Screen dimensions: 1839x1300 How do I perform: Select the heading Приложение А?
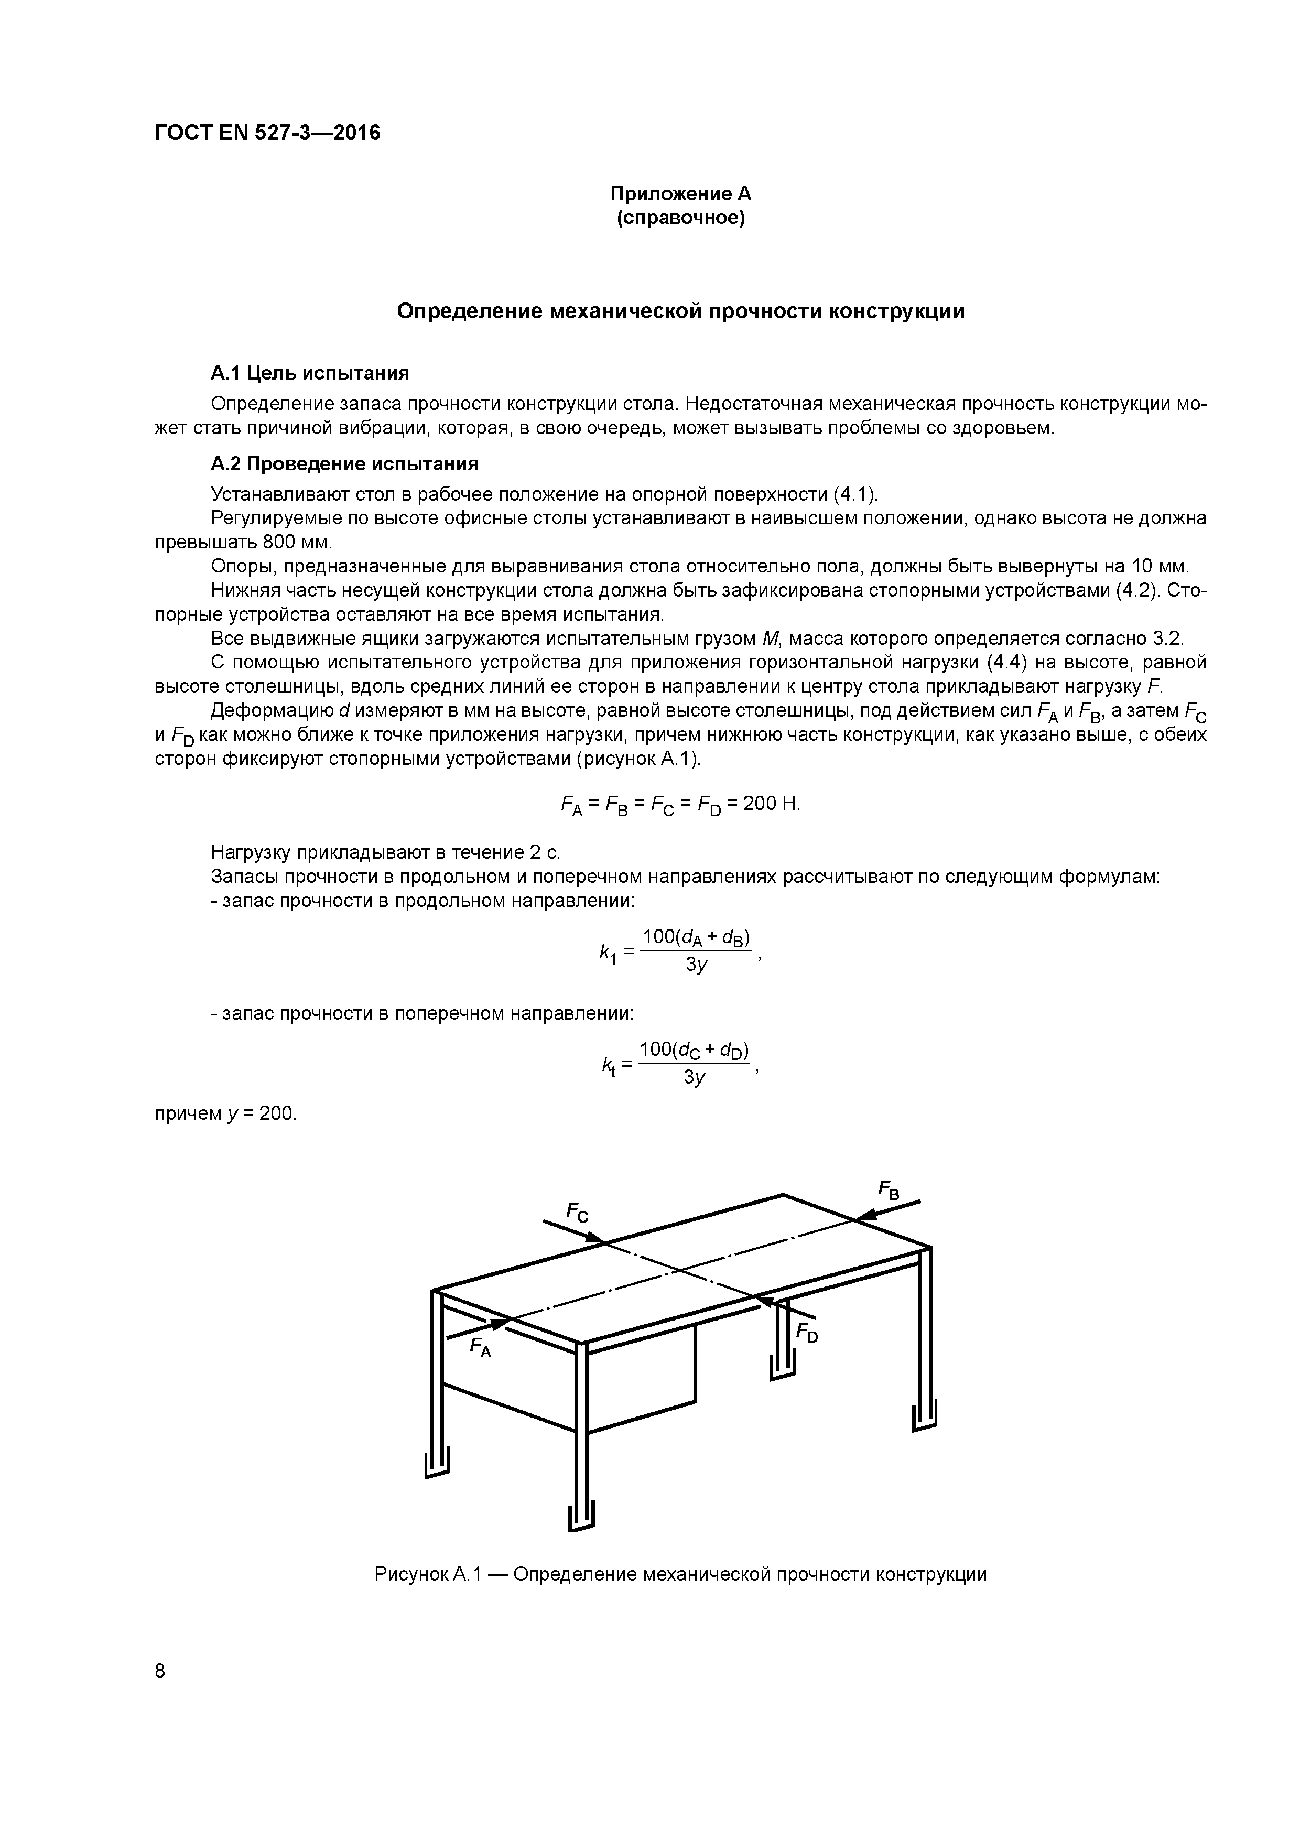click(x=681, y=194)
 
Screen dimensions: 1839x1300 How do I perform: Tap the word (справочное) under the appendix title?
click(x=681, y=218)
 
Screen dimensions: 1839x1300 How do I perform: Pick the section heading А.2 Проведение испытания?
click(x=344, y=464)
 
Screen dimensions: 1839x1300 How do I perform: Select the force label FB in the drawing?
click(x=889, y=1191)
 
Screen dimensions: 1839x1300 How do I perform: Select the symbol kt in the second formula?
click(x=609, y=1065)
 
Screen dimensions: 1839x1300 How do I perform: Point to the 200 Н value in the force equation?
click(x=771, y=803)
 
